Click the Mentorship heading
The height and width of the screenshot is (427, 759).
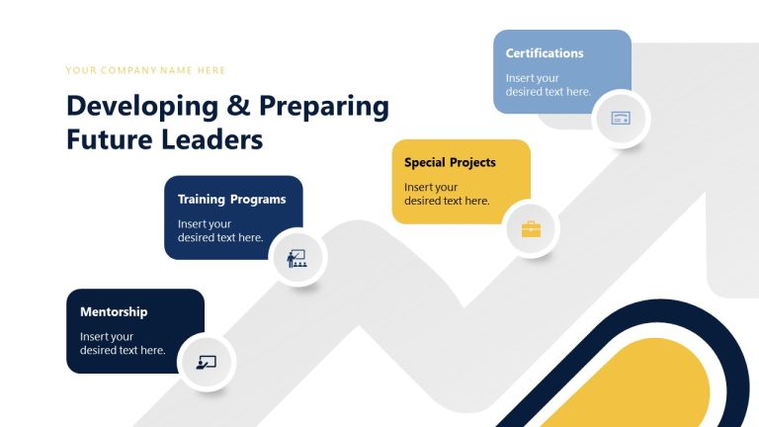[x=114, y=312]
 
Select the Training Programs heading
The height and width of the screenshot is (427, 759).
[x=231, y=200]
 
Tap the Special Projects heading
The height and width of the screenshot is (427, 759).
[x=450, y=162]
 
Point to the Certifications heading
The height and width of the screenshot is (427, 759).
[x=545, y=53]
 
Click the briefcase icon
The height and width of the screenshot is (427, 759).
[x=531, y=229]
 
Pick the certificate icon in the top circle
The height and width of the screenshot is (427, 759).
[x=621, y=119]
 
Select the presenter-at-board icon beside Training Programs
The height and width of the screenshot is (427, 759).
[x=296, y=259]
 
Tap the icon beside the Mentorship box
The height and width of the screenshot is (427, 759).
[x=207, y=362]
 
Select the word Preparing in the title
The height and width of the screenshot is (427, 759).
[x=318, y=107]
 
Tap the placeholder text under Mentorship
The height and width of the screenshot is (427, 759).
[x=123, y=343]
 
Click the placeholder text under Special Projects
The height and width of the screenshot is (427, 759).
[x=447, y=194]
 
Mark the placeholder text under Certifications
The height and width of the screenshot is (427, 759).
[x=548, y=85]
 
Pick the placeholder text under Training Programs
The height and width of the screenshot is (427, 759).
[x=220, y=230]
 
